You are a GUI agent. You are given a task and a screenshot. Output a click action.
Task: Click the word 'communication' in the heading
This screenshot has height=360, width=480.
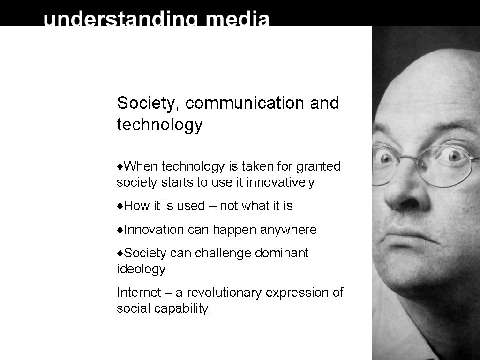245,103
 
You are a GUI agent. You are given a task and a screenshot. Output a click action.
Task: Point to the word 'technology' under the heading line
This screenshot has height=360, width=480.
159,125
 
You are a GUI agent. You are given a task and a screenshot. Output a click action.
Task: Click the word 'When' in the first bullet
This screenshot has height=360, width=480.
141,166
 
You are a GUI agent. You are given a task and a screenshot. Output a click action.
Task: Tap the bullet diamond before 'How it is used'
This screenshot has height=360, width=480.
120,206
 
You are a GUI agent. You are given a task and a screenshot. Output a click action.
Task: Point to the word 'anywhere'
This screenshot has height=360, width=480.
288,230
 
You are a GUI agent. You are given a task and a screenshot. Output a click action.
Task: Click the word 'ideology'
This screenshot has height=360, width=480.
141,270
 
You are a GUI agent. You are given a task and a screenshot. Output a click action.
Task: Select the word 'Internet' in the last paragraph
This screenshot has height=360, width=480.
139,292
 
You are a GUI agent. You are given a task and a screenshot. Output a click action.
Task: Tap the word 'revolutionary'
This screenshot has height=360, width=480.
225,293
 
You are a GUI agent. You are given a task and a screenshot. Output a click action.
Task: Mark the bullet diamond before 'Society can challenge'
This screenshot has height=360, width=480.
120,254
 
